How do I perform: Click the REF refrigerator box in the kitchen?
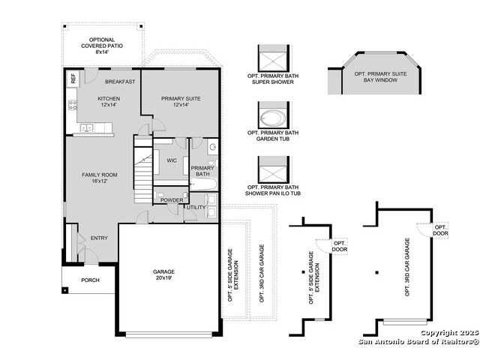(x=73, y=78)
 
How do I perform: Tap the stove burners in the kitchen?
(x=73, y=105)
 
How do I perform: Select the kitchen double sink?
(x=87, y=127)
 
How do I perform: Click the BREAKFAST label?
(x=120, y=82)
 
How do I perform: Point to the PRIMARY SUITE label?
(x=181, y=98)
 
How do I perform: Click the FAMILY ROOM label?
(x=100, y=175)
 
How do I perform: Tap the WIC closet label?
(x=172, y=160)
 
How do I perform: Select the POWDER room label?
(x=172, y=200)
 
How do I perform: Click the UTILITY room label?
(x=196, y=207)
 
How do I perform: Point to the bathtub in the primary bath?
(x=203, y=184)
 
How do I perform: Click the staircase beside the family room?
(x=143, y=169)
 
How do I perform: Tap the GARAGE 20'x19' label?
(x=163, y=274)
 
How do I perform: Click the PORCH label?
(x=90, y=280)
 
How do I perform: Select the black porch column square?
(x=65, y=290)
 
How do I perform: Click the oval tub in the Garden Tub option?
(x=273, y=118)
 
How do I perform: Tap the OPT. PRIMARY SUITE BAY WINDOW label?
(x=380, y=76)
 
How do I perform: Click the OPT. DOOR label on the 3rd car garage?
(x=440, y=230)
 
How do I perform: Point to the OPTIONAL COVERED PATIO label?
(x=102, y=46)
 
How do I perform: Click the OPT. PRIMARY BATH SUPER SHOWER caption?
(x=273, y=79)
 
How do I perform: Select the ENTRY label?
(x=99, y=238)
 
